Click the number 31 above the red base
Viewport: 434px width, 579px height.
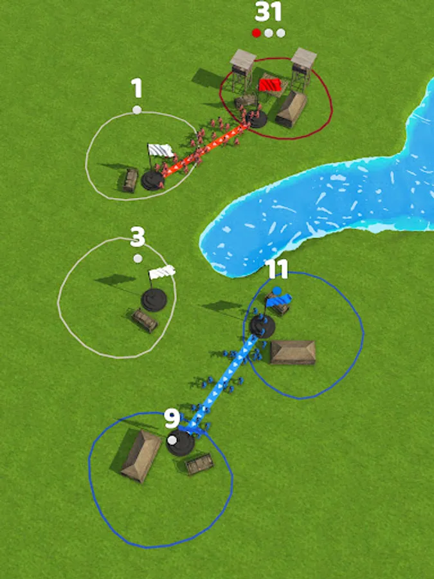pyautogui.click(x=268, y=12)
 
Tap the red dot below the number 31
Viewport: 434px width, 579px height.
pyautogui.click(x=256, y=33)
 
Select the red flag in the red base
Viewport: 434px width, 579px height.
pyautogui.click(x=269, y=84)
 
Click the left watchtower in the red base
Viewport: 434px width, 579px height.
pyautogui.click(x=242, y=70)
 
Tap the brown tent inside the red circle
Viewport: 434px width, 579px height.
pyautogui.click(x=291, y=109)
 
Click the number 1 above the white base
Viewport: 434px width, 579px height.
pyautogui.click(x=137, y=89)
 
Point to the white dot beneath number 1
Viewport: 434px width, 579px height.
pyautogui.click(x=137, y=109)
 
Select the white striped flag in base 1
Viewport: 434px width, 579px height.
pyautogui.click(x=160, y=151)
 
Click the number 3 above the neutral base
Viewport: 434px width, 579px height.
pyautogui.click(x=138, y=237)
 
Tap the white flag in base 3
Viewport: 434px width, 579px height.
pyautogui.click(x=161, y=273)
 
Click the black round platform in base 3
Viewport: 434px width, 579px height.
pyautogui.click(x=154, y=300)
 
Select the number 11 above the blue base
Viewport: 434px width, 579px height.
pyautogui.click(x=276, y=269)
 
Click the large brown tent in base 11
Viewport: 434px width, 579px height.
pyautogui.click(x=293, y=353)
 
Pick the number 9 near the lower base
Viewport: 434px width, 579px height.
pyautogui.click(x=172, y=419)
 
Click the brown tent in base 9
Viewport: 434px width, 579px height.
pyautogui.click(x=141, y=456)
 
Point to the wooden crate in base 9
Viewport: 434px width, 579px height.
pyautogui.click(x=199, y=464)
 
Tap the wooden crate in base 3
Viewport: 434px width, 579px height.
pyautogui.click(x=145, y=320)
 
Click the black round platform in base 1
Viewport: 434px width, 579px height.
pyautogui.click(x=152, y=180)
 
